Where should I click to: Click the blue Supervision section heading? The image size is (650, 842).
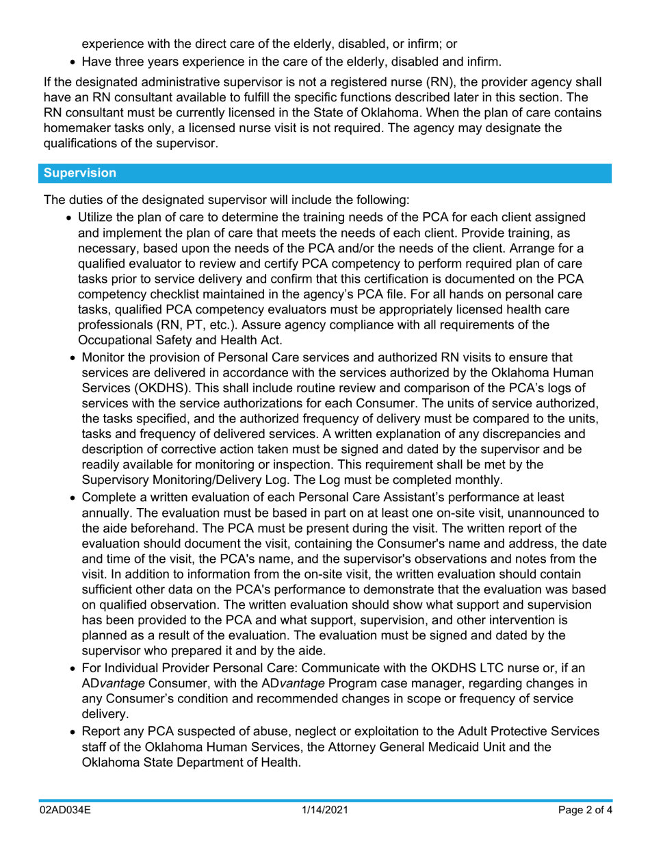coord(80,174)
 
